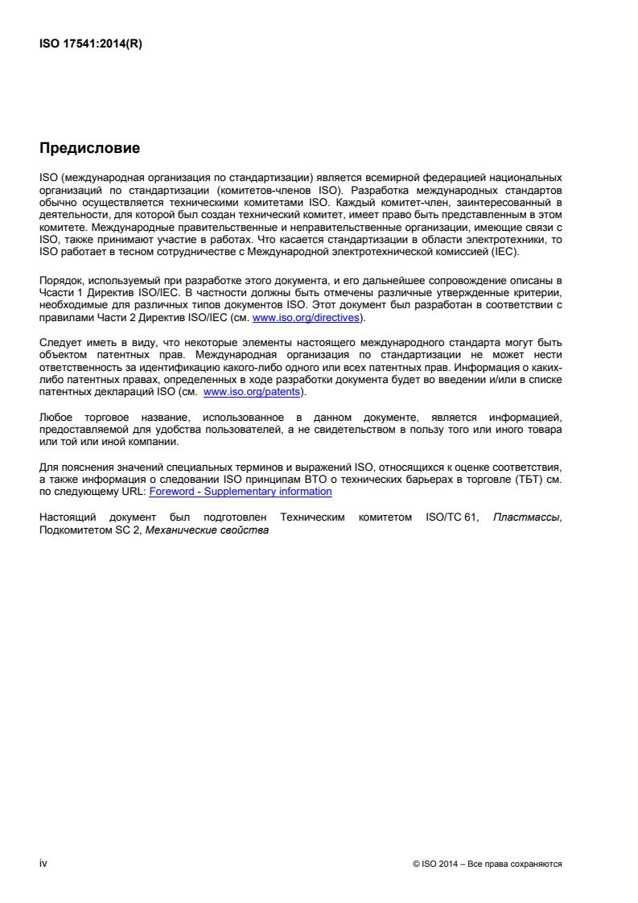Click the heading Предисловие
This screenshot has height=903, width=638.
click(x=89, y=148)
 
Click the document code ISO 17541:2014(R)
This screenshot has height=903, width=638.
click(x=91, y=43)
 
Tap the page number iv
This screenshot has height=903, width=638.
click(x=43, y=863)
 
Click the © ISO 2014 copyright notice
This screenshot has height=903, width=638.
click(x=487, y=864)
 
